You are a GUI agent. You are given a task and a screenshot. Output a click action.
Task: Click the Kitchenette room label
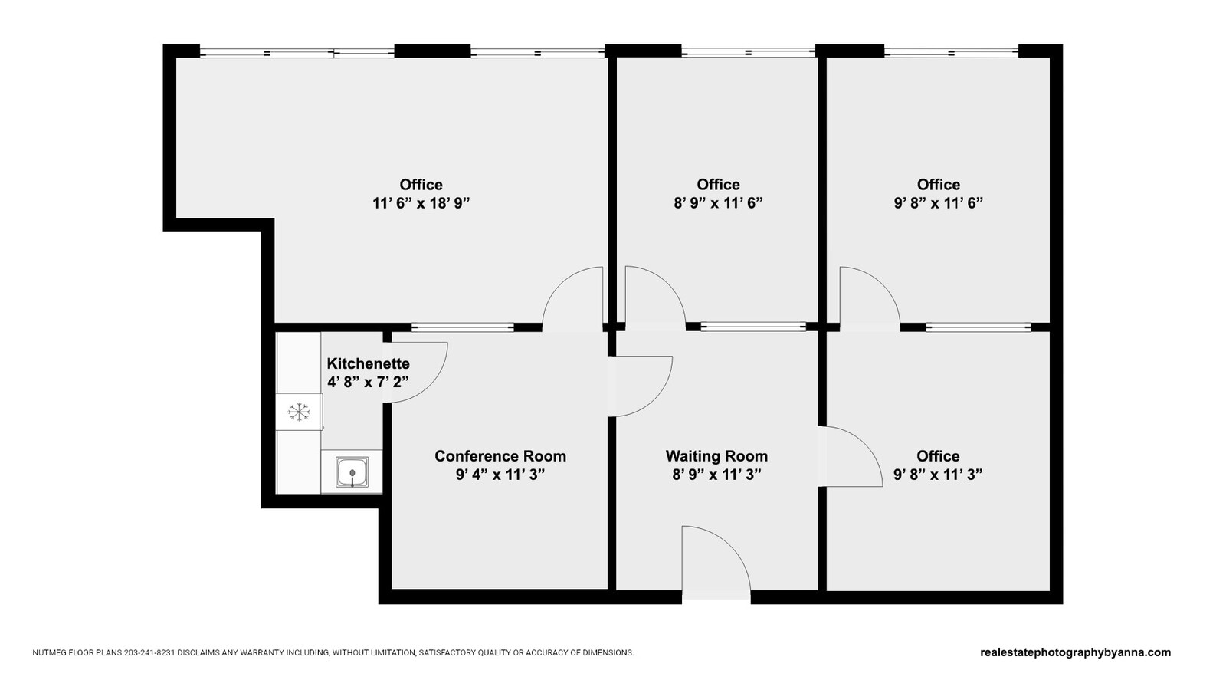coord(368,363)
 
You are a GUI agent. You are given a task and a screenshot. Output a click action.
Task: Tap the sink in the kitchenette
coord(352,472)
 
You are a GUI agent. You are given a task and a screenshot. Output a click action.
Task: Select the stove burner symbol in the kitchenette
coord(299,412)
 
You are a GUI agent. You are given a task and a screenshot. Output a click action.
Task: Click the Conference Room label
coord(500,456)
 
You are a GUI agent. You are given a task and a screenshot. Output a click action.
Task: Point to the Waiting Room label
coord(716,456)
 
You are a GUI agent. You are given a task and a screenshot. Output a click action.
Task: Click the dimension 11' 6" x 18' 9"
coord(421,203)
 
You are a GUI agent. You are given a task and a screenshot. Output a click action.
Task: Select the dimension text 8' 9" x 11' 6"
coord(718,203)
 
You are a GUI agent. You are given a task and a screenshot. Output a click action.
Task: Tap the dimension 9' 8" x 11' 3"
coord(938,475)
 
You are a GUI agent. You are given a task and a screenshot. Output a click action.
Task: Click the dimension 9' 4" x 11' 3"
coord(500,475)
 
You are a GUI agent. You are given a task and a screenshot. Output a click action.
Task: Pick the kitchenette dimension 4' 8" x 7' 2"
coord(368,382)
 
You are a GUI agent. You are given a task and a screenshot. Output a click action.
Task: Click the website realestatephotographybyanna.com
coord(1075,653)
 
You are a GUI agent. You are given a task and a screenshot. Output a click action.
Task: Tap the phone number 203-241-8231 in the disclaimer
coord(149,653)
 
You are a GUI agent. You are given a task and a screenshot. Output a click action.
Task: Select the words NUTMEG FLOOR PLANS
coord(77,653)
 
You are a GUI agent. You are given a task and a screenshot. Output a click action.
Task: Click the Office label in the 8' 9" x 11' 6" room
coord(718,185)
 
